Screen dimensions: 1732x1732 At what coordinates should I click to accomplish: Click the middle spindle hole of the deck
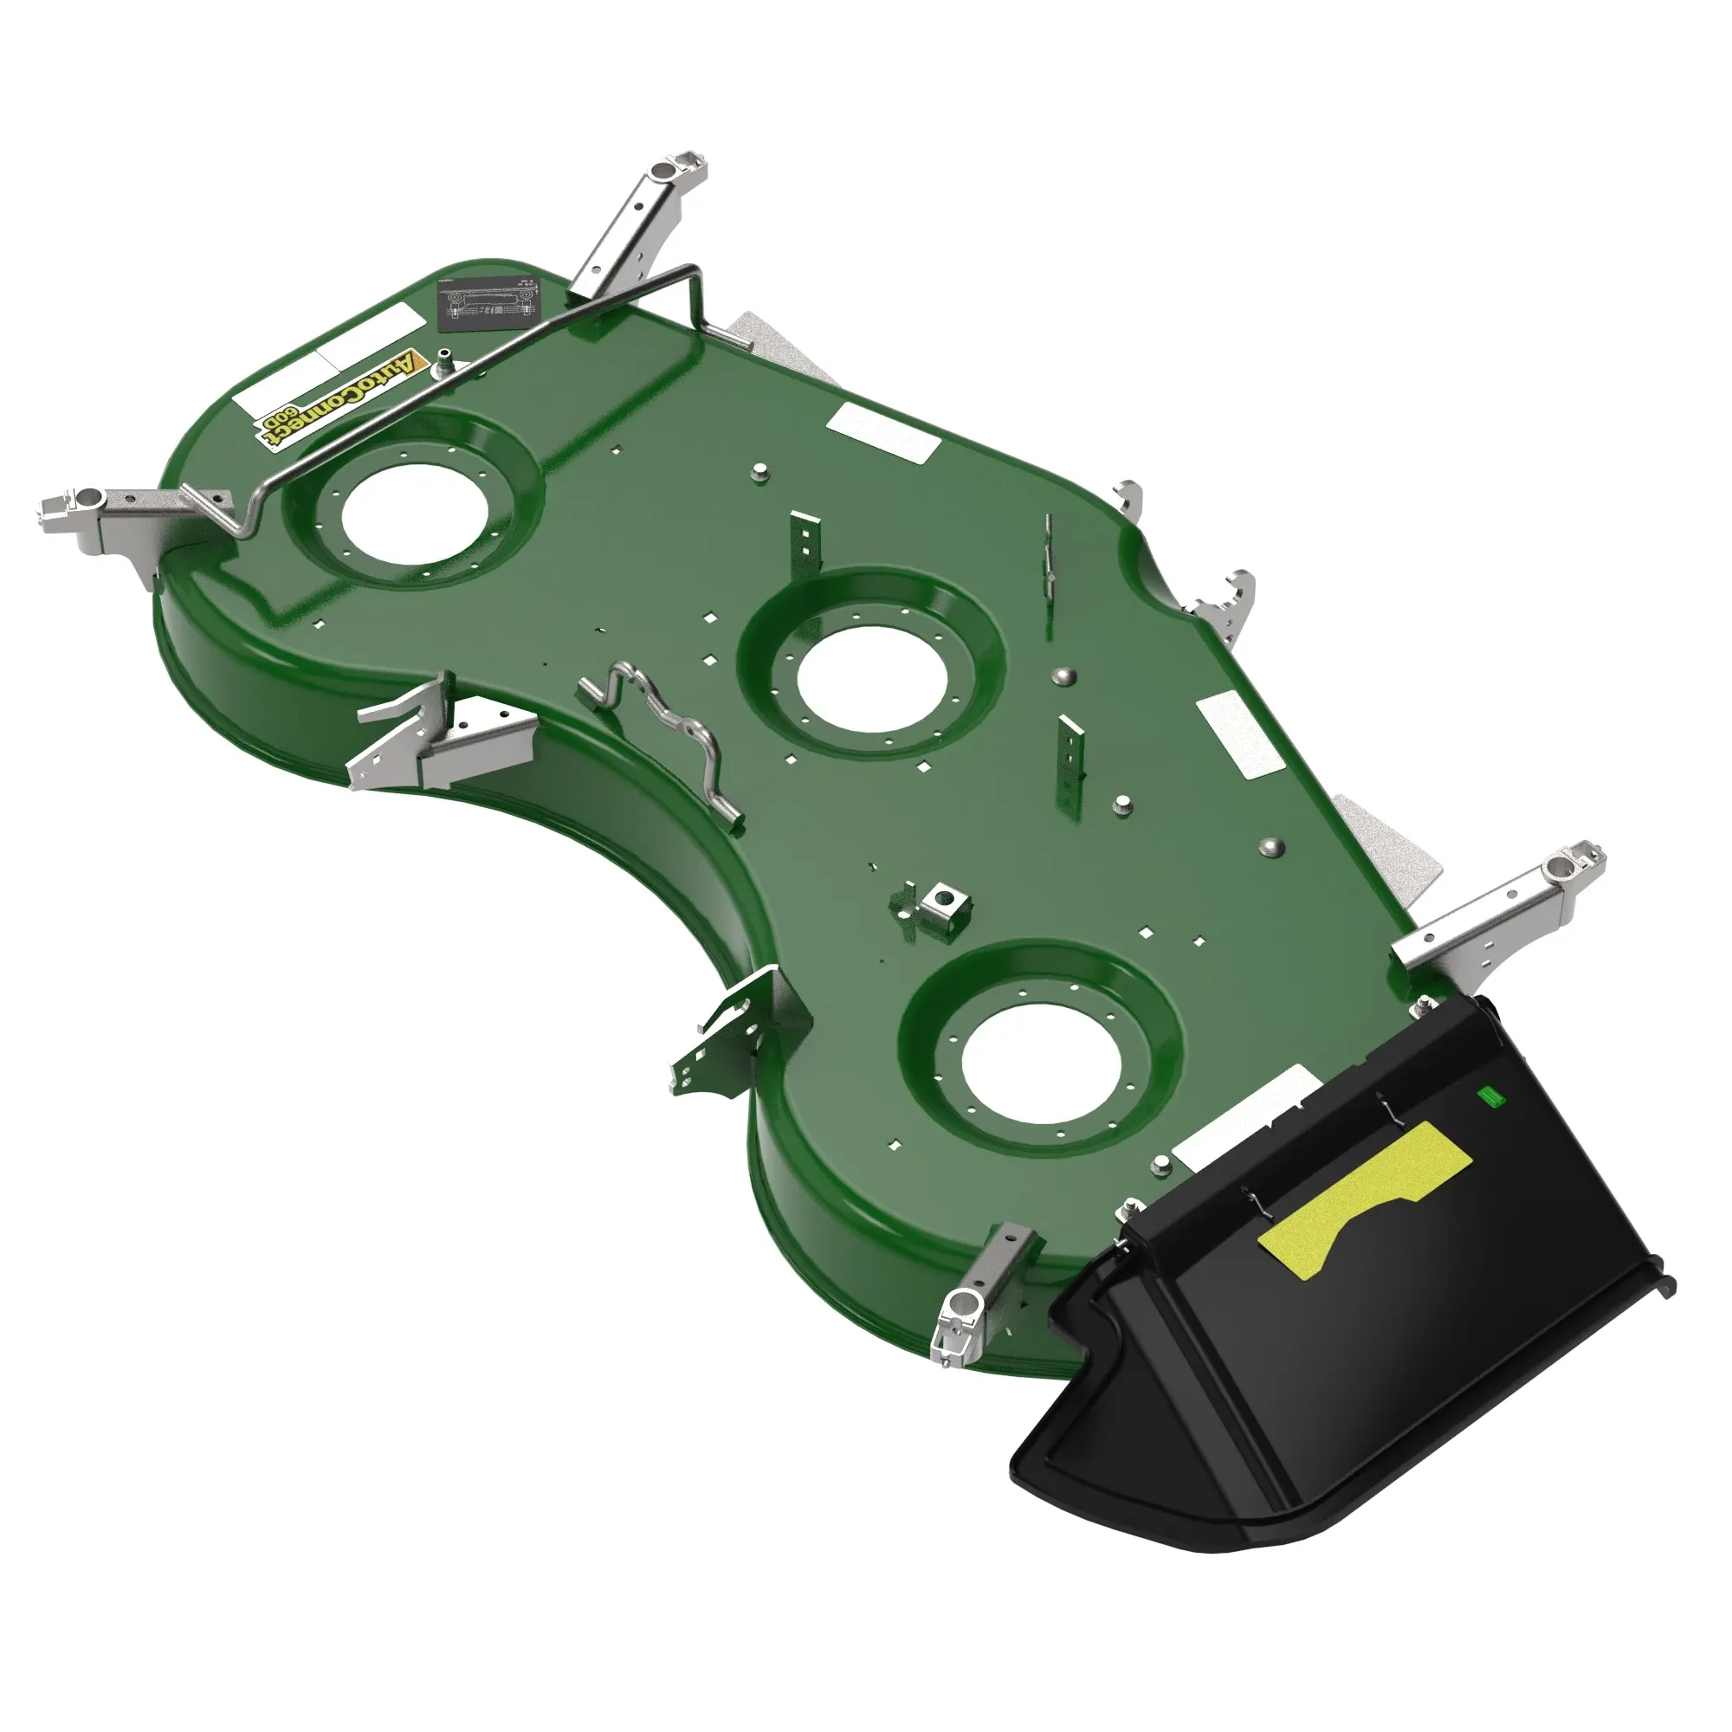point(871,678)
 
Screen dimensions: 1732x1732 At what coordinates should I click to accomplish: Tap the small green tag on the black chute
point(1489,1096)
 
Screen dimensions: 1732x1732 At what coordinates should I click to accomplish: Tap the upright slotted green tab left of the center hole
point(805,548)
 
